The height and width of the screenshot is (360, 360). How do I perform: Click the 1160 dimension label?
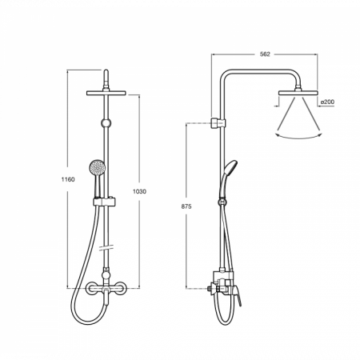click(x=68, y=179)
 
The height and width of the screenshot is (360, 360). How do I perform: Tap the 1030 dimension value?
click(x=139, y=191)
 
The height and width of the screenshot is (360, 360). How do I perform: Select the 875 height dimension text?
click(x=186, y=206)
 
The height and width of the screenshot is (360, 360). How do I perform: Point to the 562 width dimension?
click(x=265, y=54)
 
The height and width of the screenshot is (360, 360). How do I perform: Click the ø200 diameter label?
click(x=327, y=102)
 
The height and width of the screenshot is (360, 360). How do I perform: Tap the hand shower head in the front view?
click(x=98, y=167)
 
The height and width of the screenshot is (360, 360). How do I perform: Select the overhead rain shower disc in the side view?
click(x=298, y=93)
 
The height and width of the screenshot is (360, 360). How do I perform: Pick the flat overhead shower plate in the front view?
click(x=106, y=93)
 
